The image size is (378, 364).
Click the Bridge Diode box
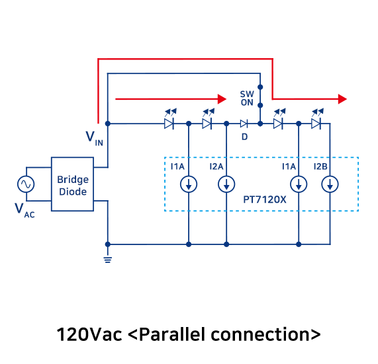click(72, 184)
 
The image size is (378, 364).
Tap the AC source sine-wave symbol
click(26, 184)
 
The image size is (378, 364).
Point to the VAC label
click(24, 210)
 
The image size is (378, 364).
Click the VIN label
click(95, 139)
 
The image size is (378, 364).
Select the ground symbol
click(108, 260)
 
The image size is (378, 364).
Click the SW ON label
click(247, 98)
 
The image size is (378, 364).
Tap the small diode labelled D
click(244, 124)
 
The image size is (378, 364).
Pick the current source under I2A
click(226, 184)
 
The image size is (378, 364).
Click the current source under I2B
click(330, 184)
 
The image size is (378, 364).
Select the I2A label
click(216, 166)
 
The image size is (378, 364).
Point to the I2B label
click(320, 166)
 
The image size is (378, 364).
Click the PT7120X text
click(265, 200)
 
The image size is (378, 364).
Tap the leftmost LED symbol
click(170, 120)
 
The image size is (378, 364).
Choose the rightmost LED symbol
click(317, 120)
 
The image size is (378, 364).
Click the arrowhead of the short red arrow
click(222, 99)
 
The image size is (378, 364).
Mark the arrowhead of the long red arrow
click(342, 99)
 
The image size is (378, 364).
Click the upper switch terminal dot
click(260, 87)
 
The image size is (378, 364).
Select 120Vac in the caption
click(89, 335)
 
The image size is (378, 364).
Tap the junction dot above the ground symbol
click(108, 244)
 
